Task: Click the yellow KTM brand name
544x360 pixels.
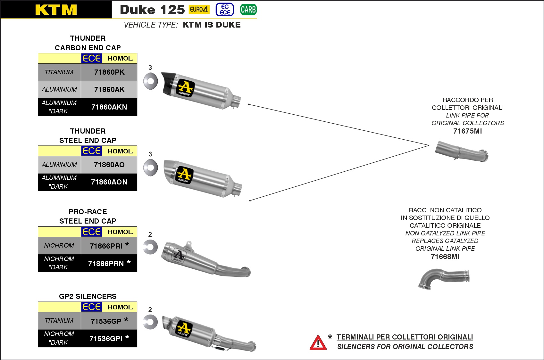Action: click(x=56, y=10)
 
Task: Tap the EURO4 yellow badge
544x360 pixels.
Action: click(x=199, y=10)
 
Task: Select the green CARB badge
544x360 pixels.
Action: click(x=248, y=10)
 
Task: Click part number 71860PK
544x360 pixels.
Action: click(x=109, y=72)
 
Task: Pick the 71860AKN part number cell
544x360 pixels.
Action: click(x=109, y=107)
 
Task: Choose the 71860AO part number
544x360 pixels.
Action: click(x=109, y=165)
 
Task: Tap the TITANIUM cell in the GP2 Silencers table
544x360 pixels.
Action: click(x=59, y=321)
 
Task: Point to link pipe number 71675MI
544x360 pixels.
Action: click(x=467, y=131)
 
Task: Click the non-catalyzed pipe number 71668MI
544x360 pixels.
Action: click(x=445, y=257)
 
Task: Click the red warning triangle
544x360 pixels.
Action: click(x=318, y=343)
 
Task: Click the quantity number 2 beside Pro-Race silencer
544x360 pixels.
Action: click(x=150, y=234)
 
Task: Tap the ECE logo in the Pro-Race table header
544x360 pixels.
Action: click(x=91, y=232)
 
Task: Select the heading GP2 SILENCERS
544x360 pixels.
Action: click(x=88, y=296)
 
